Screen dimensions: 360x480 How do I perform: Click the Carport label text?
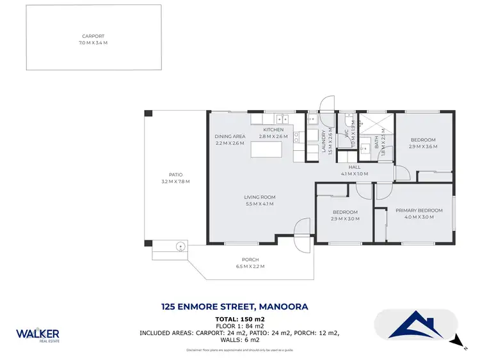(93, 36)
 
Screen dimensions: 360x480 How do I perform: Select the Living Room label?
(259, 197)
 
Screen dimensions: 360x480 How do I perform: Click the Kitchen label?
(273, 130)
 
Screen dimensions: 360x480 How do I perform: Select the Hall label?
(363, 167)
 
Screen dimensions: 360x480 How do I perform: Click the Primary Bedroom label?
(419, 210)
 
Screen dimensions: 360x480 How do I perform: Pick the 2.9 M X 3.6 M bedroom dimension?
(423, 146)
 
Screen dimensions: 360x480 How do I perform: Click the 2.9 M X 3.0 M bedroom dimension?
(345, 219)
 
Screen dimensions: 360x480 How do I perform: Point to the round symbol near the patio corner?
(181, 245)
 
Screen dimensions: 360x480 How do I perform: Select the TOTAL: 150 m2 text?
(240, 318)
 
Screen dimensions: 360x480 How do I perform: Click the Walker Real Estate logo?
(38, 334)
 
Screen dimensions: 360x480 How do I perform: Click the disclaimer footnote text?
(240, 350)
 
